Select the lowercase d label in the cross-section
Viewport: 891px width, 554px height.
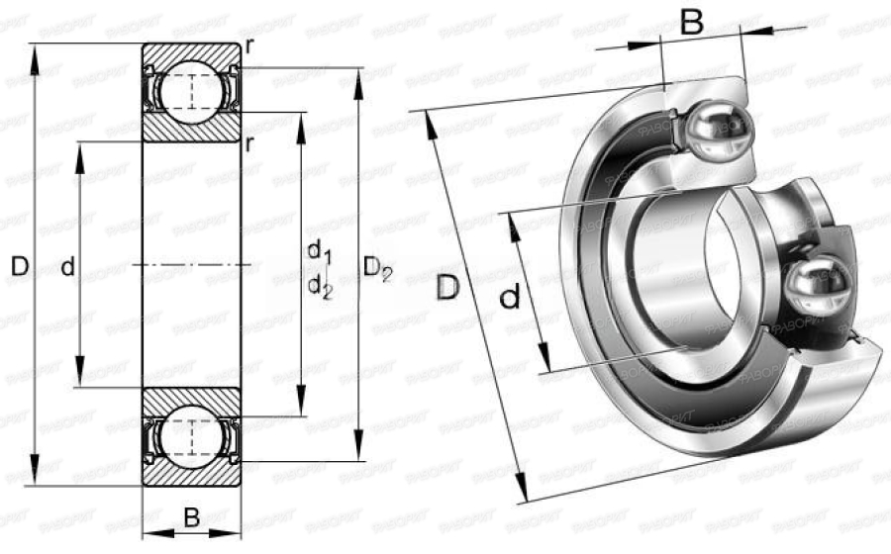[67, 266]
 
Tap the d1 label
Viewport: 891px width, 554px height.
[318, 249]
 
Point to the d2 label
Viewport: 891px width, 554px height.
[319, 286]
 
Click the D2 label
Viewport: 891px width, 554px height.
[377, 267]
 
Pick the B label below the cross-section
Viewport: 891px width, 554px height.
[192, 516]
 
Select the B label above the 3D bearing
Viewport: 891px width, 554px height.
[692, 22]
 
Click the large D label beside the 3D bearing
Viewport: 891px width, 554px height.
[448, 288]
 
